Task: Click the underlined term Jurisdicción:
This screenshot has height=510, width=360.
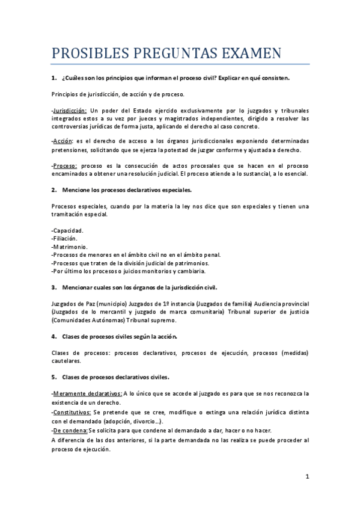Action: [x=70, y=111]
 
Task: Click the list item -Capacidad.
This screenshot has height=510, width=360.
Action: [x=67, y=230]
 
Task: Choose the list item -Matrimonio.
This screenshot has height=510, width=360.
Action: [x=69, y=247]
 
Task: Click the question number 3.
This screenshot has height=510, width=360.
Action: [x=53, y=287]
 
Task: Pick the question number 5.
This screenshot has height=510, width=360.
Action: [x=53, y=377]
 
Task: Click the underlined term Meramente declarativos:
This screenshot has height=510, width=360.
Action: [x=87, y=393]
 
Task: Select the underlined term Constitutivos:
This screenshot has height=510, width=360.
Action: [x=72, y=412]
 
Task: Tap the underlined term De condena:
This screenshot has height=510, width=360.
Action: [x=70, y=430]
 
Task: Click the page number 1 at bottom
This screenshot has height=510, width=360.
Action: [x=307, y=476]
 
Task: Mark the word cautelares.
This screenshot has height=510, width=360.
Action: [x=67, y=361]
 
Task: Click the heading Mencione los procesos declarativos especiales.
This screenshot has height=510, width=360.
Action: [x=127, y=190]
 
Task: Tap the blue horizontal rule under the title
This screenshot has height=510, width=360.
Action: [x=180, y=64]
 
